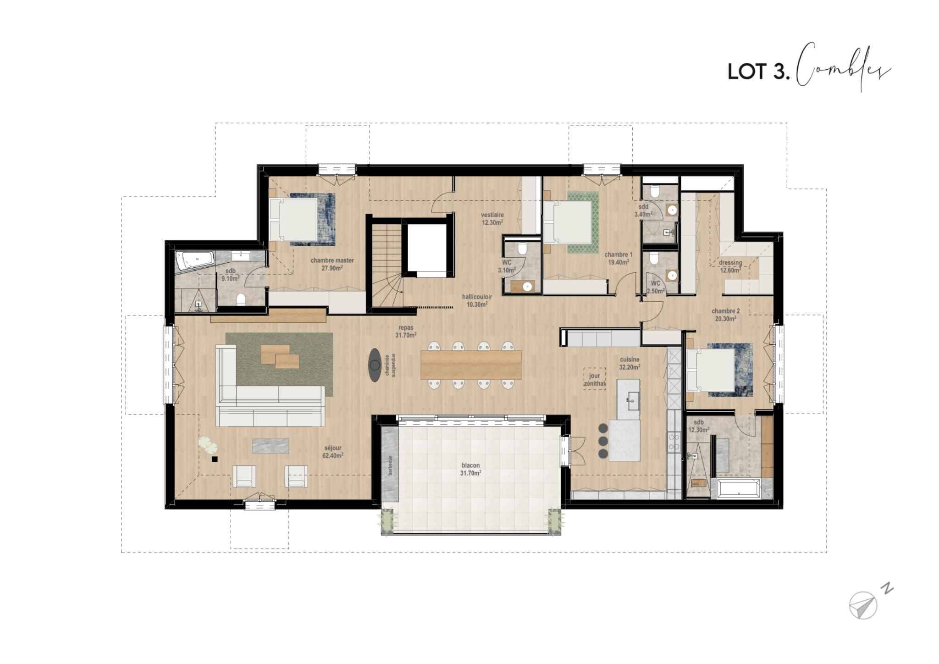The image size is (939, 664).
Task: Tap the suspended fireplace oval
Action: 375,365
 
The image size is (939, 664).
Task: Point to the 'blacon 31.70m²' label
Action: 471,469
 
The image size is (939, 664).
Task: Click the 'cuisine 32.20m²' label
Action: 629,363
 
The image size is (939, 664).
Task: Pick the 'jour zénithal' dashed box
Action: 595,379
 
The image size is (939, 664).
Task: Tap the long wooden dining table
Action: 471,365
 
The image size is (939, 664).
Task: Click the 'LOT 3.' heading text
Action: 759,72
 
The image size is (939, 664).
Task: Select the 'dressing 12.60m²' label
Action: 730,266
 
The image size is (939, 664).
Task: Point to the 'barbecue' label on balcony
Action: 391,465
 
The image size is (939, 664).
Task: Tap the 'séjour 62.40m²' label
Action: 333,452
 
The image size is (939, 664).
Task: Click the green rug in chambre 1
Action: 583,222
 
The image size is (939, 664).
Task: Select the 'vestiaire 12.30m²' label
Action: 492,218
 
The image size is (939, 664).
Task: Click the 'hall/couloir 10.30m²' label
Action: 476,300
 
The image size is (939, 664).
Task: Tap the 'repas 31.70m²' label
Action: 406,331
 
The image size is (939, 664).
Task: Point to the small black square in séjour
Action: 214,458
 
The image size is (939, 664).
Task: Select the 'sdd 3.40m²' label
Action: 643,210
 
